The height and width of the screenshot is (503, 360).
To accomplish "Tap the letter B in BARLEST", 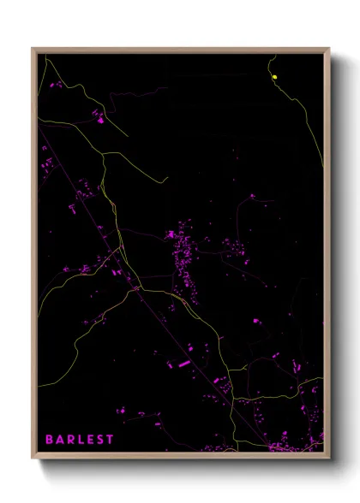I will pos(49,439).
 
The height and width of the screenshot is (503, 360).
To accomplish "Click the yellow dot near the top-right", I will pos(274,78).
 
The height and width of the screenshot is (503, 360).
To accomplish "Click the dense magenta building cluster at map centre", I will pos(183,248).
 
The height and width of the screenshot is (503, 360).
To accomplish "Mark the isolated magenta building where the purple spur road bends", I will pos(255,321).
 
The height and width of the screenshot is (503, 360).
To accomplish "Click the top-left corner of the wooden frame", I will pos(33,50).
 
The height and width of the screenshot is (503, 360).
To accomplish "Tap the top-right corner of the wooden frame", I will pos(328,50).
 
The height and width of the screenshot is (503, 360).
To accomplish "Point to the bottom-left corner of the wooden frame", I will pos(33,457).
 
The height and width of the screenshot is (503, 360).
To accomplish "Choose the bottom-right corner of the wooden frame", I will pos(328,457).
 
